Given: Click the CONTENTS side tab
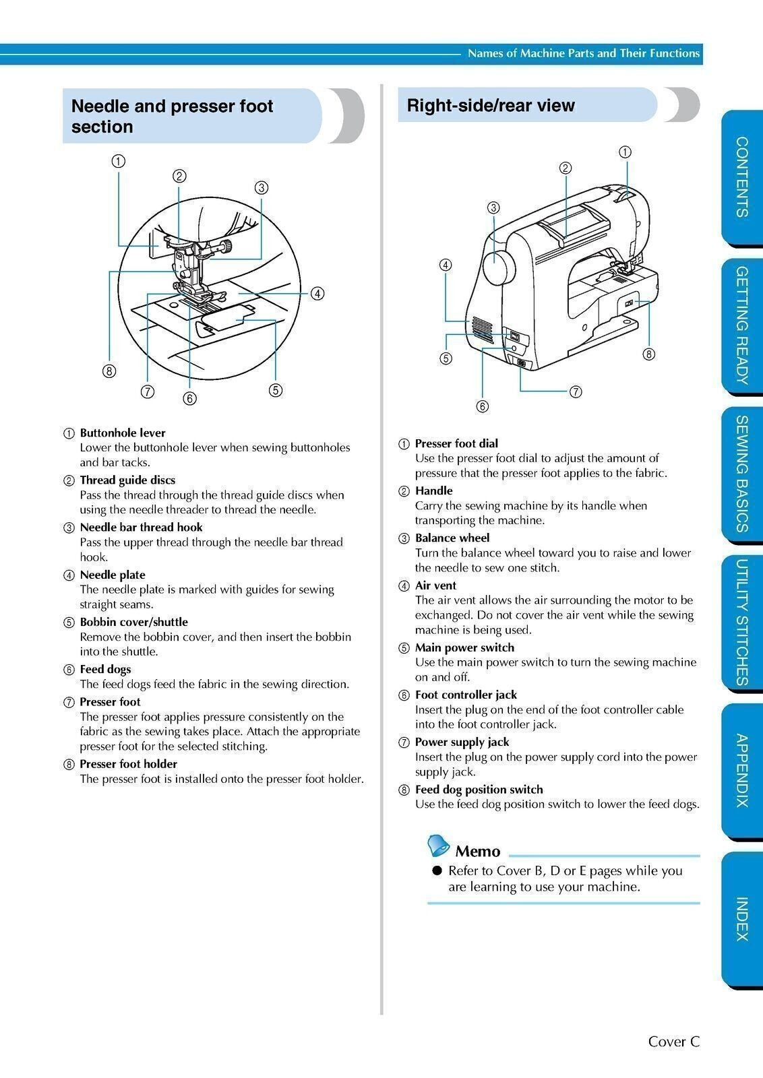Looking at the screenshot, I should (x=741, y=177).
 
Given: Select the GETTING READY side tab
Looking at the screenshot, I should (x=741, y=325).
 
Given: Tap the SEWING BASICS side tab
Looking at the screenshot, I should (x=741, y=474).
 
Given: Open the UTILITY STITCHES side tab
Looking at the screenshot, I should (x=741, y=622).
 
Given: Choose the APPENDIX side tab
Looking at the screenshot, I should (x=741, y=770).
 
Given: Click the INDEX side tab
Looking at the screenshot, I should (x=741, y=918).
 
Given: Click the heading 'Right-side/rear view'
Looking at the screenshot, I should (x=491, y=106).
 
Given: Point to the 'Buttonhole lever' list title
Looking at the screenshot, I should (x=122, y=433).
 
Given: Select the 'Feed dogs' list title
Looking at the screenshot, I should (x=105, y=669).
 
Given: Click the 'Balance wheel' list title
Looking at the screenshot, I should (x=452, y=538).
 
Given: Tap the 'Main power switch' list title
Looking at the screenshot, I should (x=464, y=647).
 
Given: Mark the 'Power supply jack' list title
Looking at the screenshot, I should (x=462, y=742).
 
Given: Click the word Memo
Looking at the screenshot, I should (x=477, y=851).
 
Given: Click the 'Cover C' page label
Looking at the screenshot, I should (x=673, y=1042).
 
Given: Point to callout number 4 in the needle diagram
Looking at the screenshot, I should (x=317, y=294).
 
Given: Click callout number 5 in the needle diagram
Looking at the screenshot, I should (x=275, y=389).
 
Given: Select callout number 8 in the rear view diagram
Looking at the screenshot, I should (x=648, y=354).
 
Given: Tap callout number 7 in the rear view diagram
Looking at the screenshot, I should (x=576, y=391).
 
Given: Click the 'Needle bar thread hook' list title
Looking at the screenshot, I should (x=141, y=527).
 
